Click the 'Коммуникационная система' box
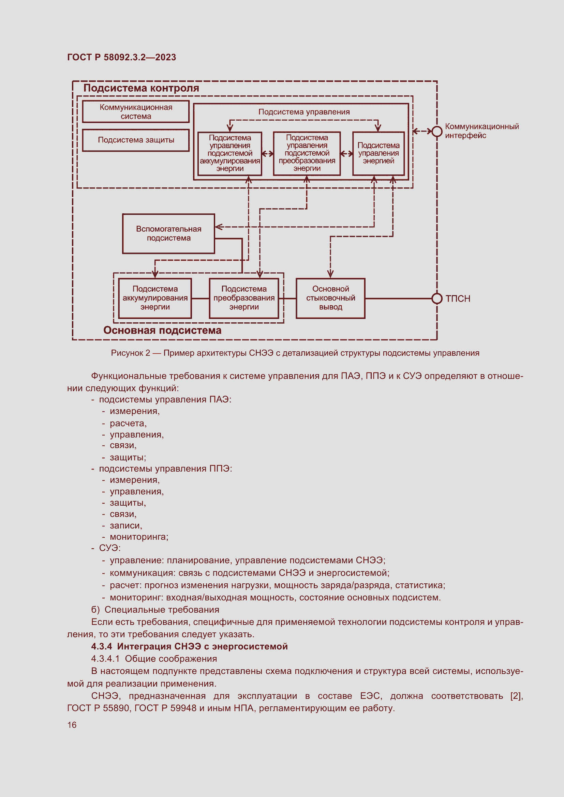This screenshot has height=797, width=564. (x=136, y=112)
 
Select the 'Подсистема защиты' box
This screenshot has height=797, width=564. (x=136, y=140)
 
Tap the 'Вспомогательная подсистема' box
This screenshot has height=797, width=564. (x=168, y=234)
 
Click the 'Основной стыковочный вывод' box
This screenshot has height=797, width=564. (x=330, y=298)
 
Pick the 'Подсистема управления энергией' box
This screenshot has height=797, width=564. (x=378, y=153)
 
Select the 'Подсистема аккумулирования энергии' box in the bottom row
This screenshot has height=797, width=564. (x=155, y=298)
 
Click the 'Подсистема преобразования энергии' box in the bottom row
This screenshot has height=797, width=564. (x=244, y=298)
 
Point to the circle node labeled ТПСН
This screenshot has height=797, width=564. (x=436, y=298)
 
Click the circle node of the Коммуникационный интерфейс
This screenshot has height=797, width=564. (x=436, y=131)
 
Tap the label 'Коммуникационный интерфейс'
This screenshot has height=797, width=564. (x=482, y=131)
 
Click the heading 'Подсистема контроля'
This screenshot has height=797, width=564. (x=142, y=88)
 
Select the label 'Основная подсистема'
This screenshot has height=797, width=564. (x=162, y=330)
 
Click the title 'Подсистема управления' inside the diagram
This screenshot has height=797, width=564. (x=304, y=112)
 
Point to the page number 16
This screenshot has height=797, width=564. (x=72, y=725)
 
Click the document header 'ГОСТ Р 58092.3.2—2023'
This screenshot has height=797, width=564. (x=121, y=57)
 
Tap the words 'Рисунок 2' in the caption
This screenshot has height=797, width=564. (x=130, y=353)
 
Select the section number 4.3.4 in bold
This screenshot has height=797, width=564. (x=102, y=646)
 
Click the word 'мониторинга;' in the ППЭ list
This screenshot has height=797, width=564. (x=139, y=537)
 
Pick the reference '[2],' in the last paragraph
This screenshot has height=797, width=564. (x=516, y=696)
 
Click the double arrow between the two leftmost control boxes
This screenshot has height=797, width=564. (x=267, y=153)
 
